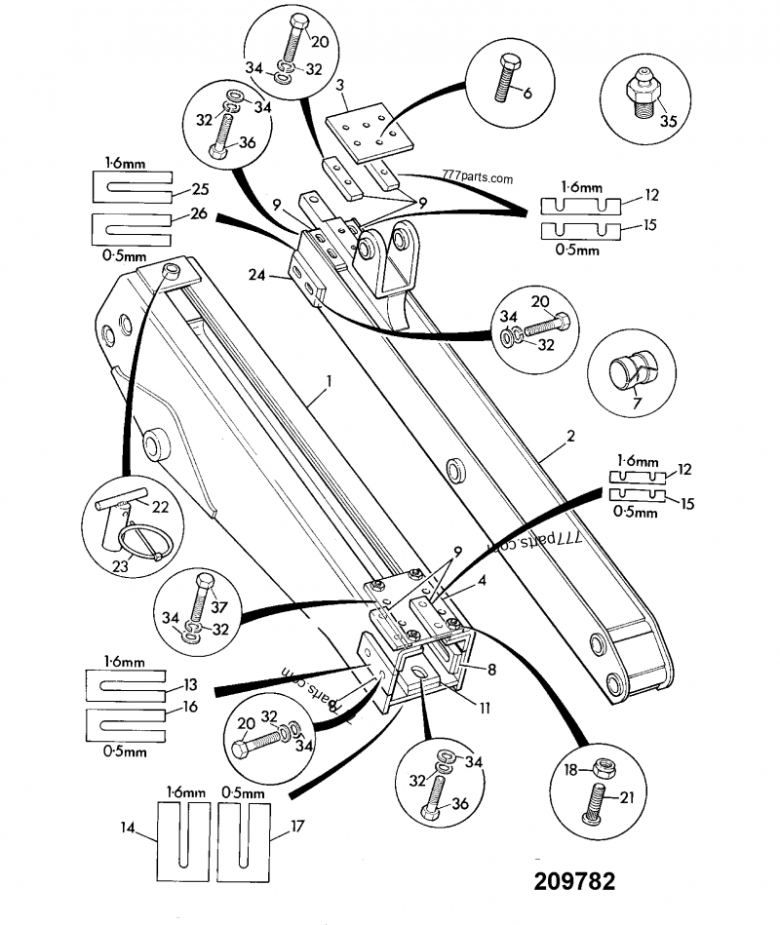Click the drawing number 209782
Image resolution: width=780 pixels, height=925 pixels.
click(574, 881)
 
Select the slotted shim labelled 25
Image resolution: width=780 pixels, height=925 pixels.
click(131, 185)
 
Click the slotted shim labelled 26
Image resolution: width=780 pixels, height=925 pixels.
click(131, 228)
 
